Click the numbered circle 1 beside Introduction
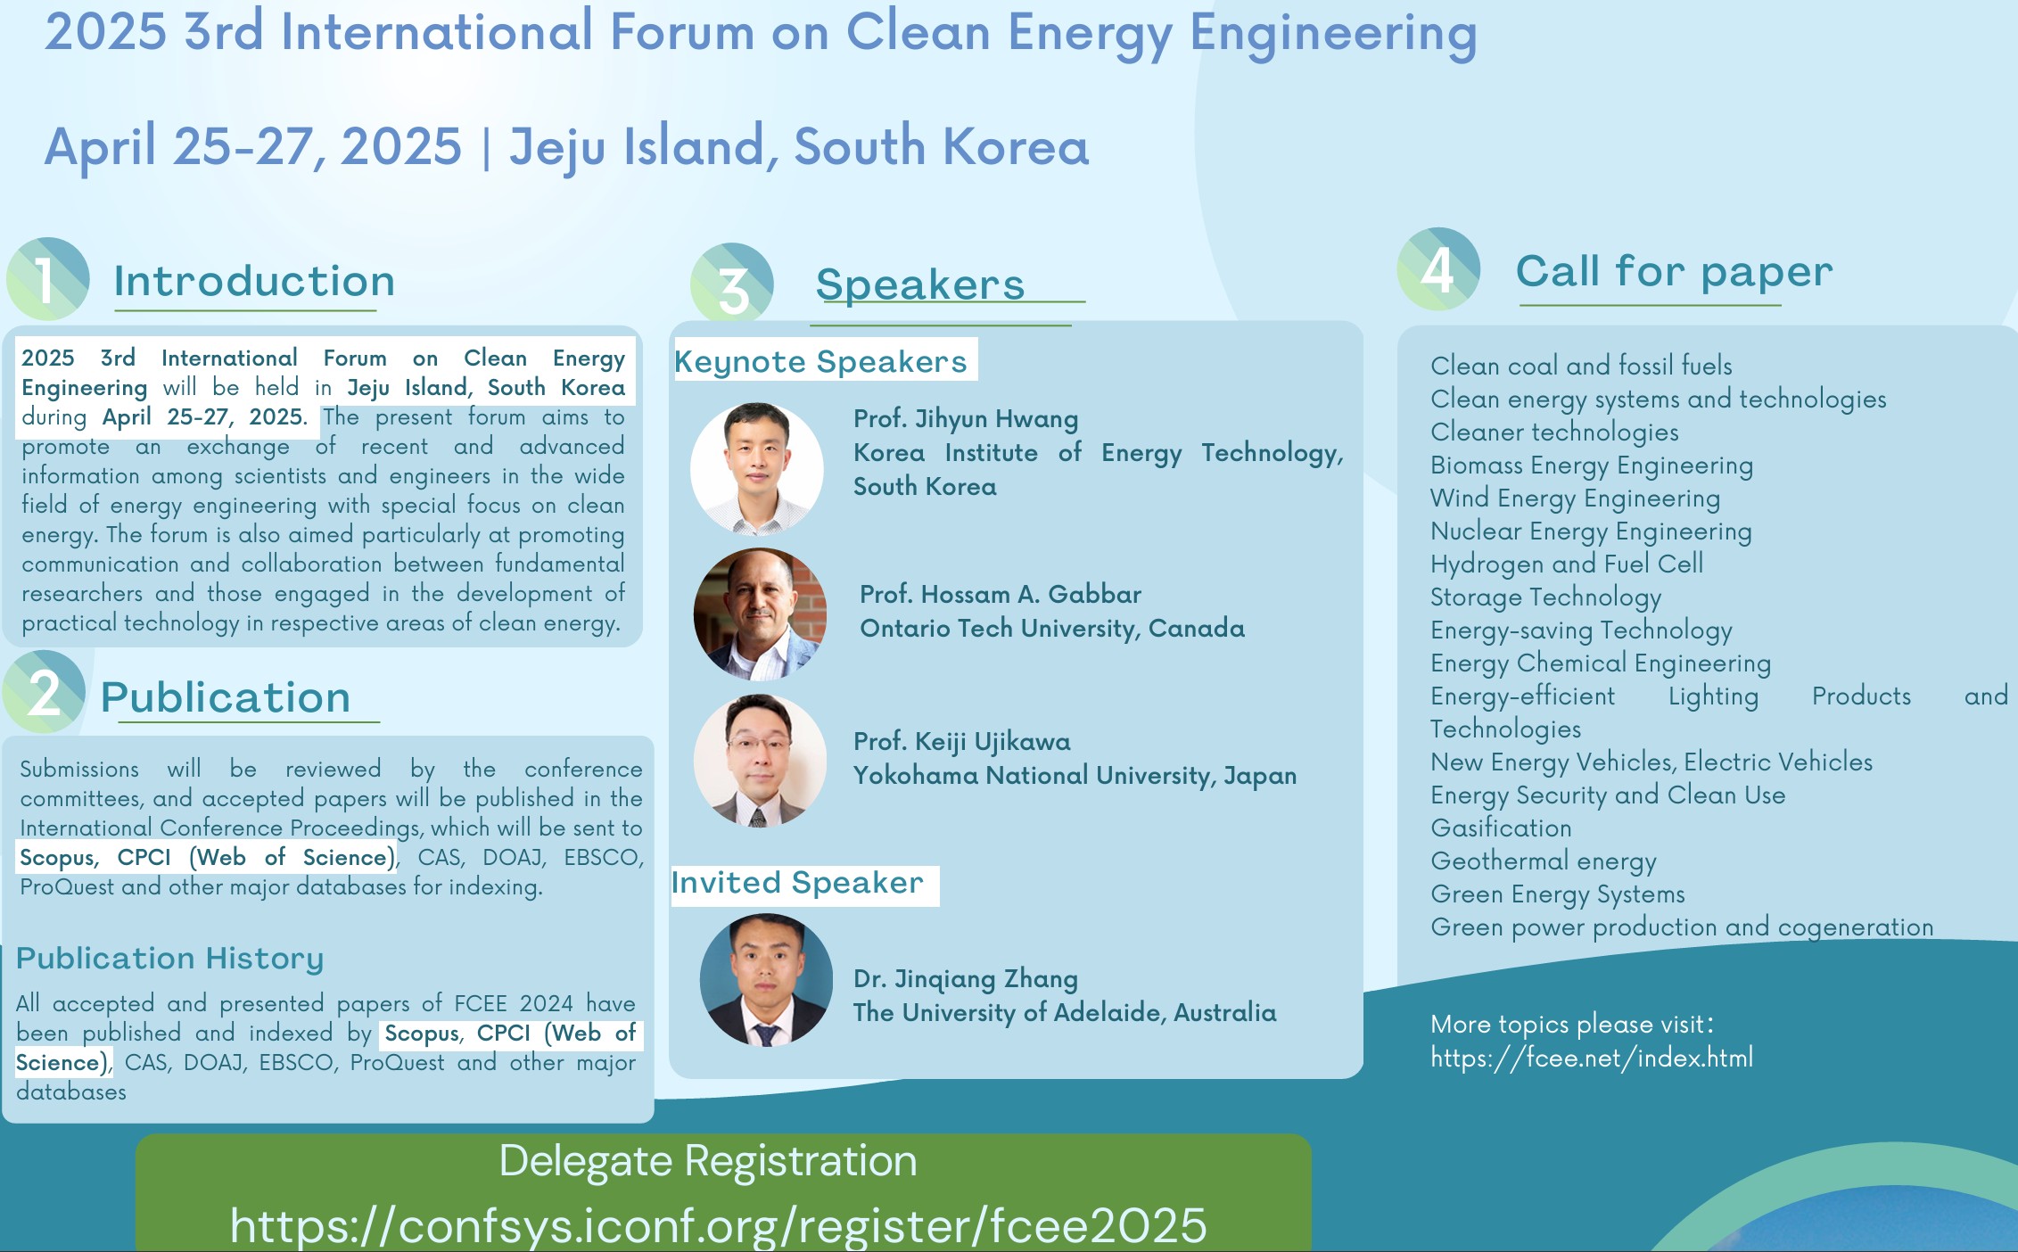point(48,279)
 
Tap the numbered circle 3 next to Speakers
point(732,284)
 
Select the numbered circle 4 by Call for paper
point(1438,269)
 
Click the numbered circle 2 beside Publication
point(44,692)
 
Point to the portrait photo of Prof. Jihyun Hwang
point(757,468)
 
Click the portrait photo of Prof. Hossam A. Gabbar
point(760,614)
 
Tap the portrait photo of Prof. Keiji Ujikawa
point(760,761)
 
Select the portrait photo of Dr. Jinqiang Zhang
point(766,980)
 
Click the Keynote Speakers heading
point(820,362)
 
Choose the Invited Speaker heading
point(797,883)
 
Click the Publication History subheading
point(169,959)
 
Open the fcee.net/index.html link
point(1592,1058)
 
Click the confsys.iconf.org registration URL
point(718,1225)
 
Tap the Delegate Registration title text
point(708,1161)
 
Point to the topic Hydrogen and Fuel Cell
point(1567,564)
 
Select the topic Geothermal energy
point(1544,861)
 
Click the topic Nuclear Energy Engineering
point(1591,531)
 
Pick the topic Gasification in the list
point(1501,828)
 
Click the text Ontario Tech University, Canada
point(1052,629)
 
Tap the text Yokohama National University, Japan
point(1075,776)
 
